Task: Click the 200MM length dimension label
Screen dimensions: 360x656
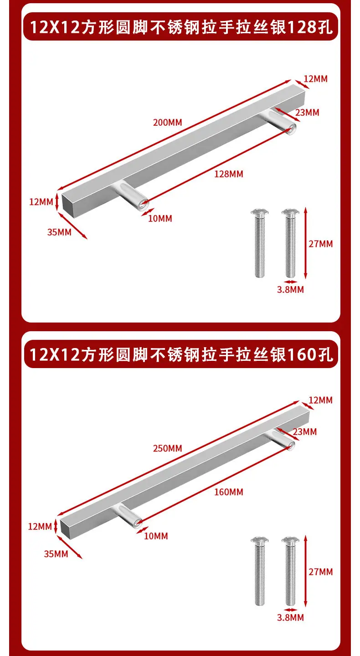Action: (168, 123)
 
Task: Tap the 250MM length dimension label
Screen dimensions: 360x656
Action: (168, 448)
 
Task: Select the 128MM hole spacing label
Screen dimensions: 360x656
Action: (229, 174)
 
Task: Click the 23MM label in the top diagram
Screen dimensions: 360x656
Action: (307, 113)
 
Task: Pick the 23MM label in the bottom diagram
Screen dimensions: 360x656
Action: (305, 432)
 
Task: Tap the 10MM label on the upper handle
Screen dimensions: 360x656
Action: (160, 219)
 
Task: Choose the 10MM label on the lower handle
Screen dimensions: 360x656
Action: (156, 536)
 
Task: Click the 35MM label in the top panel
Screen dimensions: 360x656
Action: (59, 232)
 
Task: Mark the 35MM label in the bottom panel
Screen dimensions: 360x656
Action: (56, 554)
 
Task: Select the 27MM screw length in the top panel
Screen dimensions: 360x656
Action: (321, 244)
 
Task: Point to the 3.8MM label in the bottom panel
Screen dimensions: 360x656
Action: (291, 618)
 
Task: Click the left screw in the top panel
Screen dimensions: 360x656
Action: (260, 243)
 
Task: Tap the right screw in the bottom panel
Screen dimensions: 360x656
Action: (291, 571)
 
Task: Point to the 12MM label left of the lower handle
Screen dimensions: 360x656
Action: (40, 527)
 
